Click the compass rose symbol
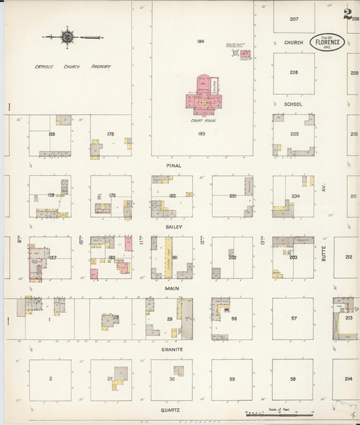click(x=68, y=36)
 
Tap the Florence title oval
click(x=328, y=42)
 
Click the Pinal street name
click(x=174, y=165)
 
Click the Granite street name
click(x=173, y=349)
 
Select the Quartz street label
click(x=170, y=409)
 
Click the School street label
click(x=293, y=104)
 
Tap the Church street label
click(x=293, y=43)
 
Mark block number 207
click(x=294, y=19)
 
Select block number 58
click(x=293, y=379)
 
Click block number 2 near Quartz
click(x=50, y=379)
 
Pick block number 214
click(x=349, y=379)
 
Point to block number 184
click(x=201, y=42)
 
